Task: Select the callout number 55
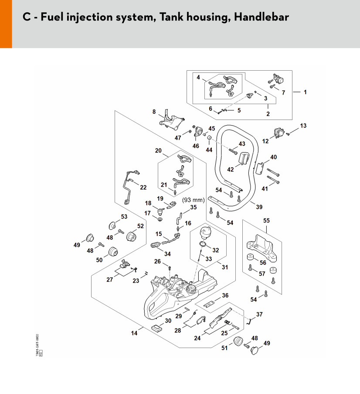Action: click(x=265, y=221)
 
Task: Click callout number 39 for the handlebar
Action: click(x=259, y=207)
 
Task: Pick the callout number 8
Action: click(x=154, y=112)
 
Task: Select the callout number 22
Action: click(x=143, y=187)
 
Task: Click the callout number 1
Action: click(x=305, y=92)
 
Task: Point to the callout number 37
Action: click(x=259, y=314)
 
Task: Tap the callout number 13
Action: click(x=303, y=126)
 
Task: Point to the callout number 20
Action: click(x=158, y=151)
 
